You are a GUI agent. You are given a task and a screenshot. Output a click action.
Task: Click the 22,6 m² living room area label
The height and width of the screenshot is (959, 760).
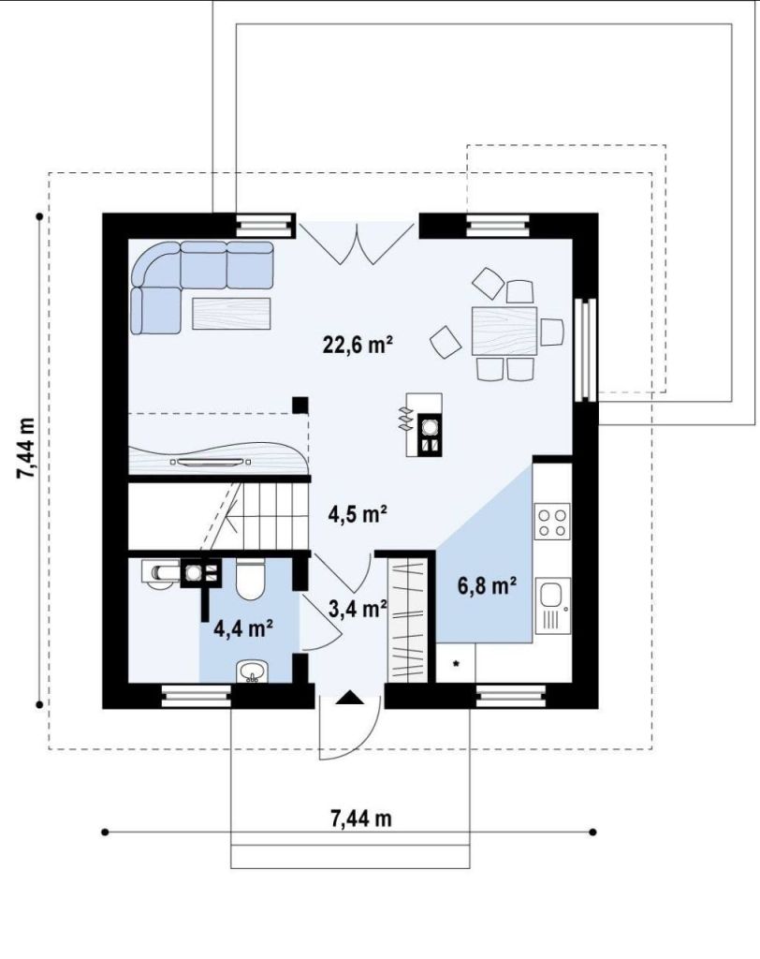pyautogui.click(x=358, y=345)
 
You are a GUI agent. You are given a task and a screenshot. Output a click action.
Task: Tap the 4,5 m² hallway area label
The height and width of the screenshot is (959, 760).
pyautogui.click(x=358, y=514)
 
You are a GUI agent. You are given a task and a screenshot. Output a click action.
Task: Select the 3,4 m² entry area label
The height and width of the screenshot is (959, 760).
pyautogui.click(x=358, y=609)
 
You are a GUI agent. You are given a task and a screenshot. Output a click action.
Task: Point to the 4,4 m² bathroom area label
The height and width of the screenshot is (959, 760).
pyautogui.click(x=242, y=627)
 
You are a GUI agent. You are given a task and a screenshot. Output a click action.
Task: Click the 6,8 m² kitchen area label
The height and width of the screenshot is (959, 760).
pyautogui.click(x=488, y=585)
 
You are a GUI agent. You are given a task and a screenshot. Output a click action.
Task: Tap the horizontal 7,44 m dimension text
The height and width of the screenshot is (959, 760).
pyautogui.click(x=361, y=818)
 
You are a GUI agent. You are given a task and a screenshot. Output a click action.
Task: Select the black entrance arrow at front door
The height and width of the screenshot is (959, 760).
pyautogui.click(x=350, y=697)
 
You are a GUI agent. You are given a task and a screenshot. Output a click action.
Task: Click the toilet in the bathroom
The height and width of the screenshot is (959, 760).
pyautogui.click(x=250, y=578)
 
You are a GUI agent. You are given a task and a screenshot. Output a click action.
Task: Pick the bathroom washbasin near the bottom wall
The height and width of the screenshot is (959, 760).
pyautogui.click(x=252, y=671)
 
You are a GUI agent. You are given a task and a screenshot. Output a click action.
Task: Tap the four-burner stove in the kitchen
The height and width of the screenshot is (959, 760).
pyautogui.click(x=553, y=521)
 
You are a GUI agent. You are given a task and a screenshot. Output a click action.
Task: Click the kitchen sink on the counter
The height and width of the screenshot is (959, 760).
pyautogui.click(x=553, y=606)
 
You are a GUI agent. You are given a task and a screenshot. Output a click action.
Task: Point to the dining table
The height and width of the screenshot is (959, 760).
pyautogui.click(x=504, y=331)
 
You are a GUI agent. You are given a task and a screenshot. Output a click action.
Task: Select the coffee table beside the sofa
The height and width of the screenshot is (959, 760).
pyautogui.click(x=231, y=314)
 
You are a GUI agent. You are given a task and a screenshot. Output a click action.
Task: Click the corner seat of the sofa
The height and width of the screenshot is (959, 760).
pyautogui.click(x=156, y=264)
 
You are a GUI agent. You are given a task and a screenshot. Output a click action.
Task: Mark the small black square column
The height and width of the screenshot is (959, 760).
pyautogui.click(x=300, y=406)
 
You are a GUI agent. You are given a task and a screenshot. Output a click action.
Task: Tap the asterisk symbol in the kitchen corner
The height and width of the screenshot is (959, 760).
pyautogui.click(x=456, y=663)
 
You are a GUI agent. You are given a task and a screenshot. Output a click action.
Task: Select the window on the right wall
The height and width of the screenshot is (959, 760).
pyautogui.click(x=586, y=350)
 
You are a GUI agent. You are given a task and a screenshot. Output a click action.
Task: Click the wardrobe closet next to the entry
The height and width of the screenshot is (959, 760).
pyautogui.click(x=407, y=620)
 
